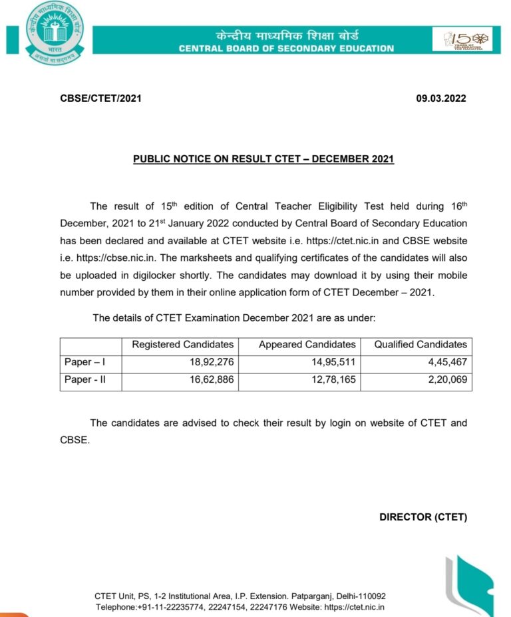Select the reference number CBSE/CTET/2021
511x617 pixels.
(x=100, y=99)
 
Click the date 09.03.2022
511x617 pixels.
(x=441, y=99)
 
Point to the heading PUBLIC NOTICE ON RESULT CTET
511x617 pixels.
(x=263, y=160)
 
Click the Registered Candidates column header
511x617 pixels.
(x=183, y=345)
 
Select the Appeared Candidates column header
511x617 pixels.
(x=307, y=345)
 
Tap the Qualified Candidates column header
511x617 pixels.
(x=421, y=345)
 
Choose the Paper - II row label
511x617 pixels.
(x=84, y=381)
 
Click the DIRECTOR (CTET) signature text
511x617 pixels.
(x=423, y=517)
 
